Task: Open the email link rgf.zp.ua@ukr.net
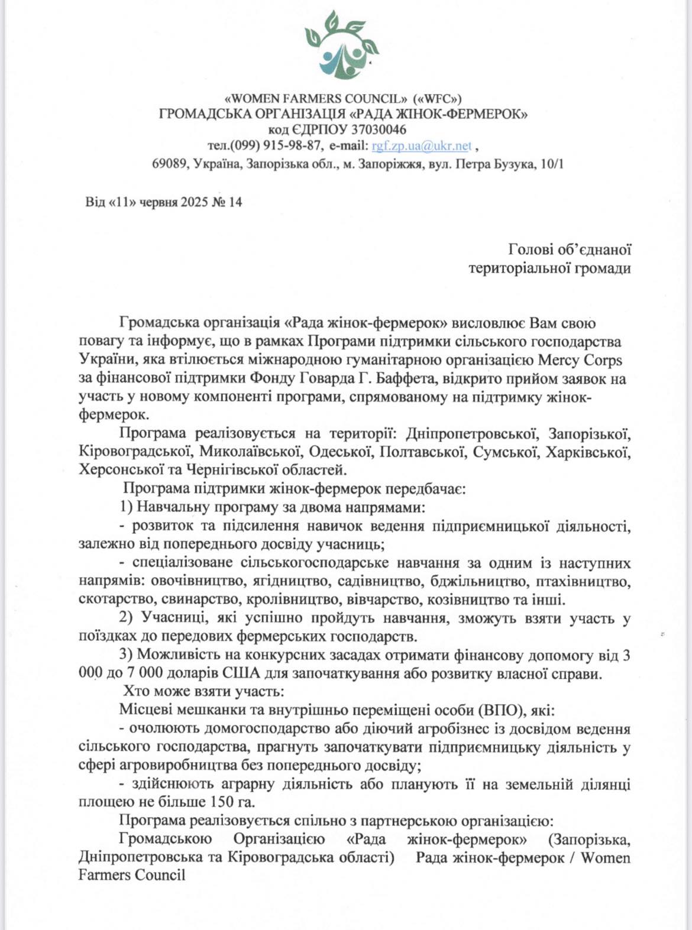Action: pos(421,145)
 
